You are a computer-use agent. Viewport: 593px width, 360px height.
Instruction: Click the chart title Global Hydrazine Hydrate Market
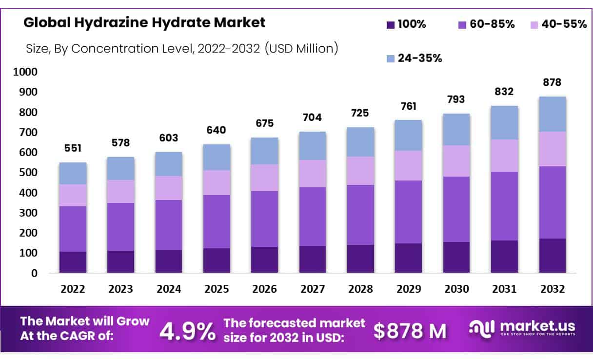[144, 22]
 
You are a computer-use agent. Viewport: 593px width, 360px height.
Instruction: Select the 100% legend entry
[406, 24]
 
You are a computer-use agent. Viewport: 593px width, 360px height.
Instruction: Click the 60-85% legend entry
[486, 24]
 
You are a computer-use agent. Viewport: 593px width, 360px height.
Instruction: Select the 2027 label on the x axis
[312, 289]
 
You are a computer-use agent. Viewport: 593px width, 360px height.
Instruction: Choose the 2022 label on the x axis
[73, 289]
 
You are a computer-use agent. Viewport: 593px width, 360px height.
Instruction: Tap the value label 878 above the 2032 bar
[552, 82]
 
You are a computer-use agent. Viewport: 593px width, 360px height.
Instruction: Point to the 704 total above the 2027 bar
[312, 118]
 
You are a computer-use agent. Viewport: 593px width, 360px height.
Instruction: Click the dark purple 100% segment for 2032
[552, 255]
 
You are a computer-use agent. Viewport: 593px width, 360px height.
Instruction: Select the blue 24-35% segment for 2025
[217, 157]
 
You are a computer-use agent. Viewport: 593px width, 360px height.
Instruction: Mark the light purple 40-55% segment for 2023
[120, 191]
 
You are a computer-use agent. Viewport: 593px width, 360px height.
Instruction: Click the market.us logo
[522, 328]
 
